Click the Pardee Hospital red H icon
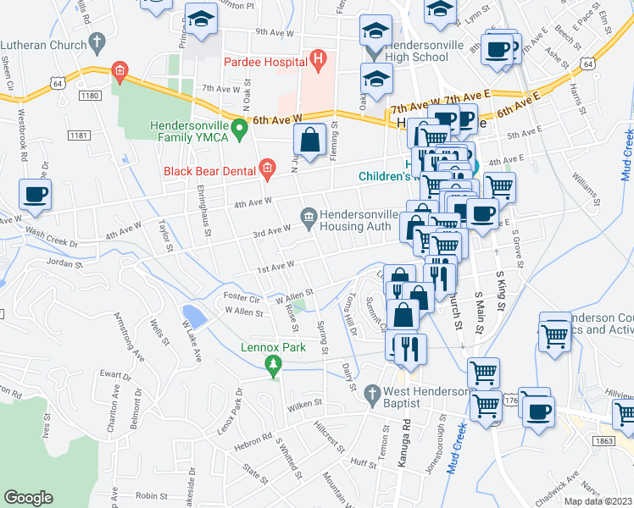pyautogui.click(x=318, y=59)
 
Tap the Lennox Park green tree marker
pyautogui.click(x=273, y=366)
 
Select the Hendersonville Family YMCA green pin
pyautogui.click(x=240, y=130)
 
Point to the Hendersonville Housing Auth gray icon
pyautogui.click(x=308, y=218)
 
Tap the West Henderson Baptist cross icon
pyautogui.click(x=370, y=393)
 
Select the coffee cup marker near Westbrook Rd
pyautogui.click(x=36, y=195)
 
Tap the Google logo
pyautogui.click(x=29, y=498)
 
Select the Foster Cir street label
pyautogui.click(x=241, y=297)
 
